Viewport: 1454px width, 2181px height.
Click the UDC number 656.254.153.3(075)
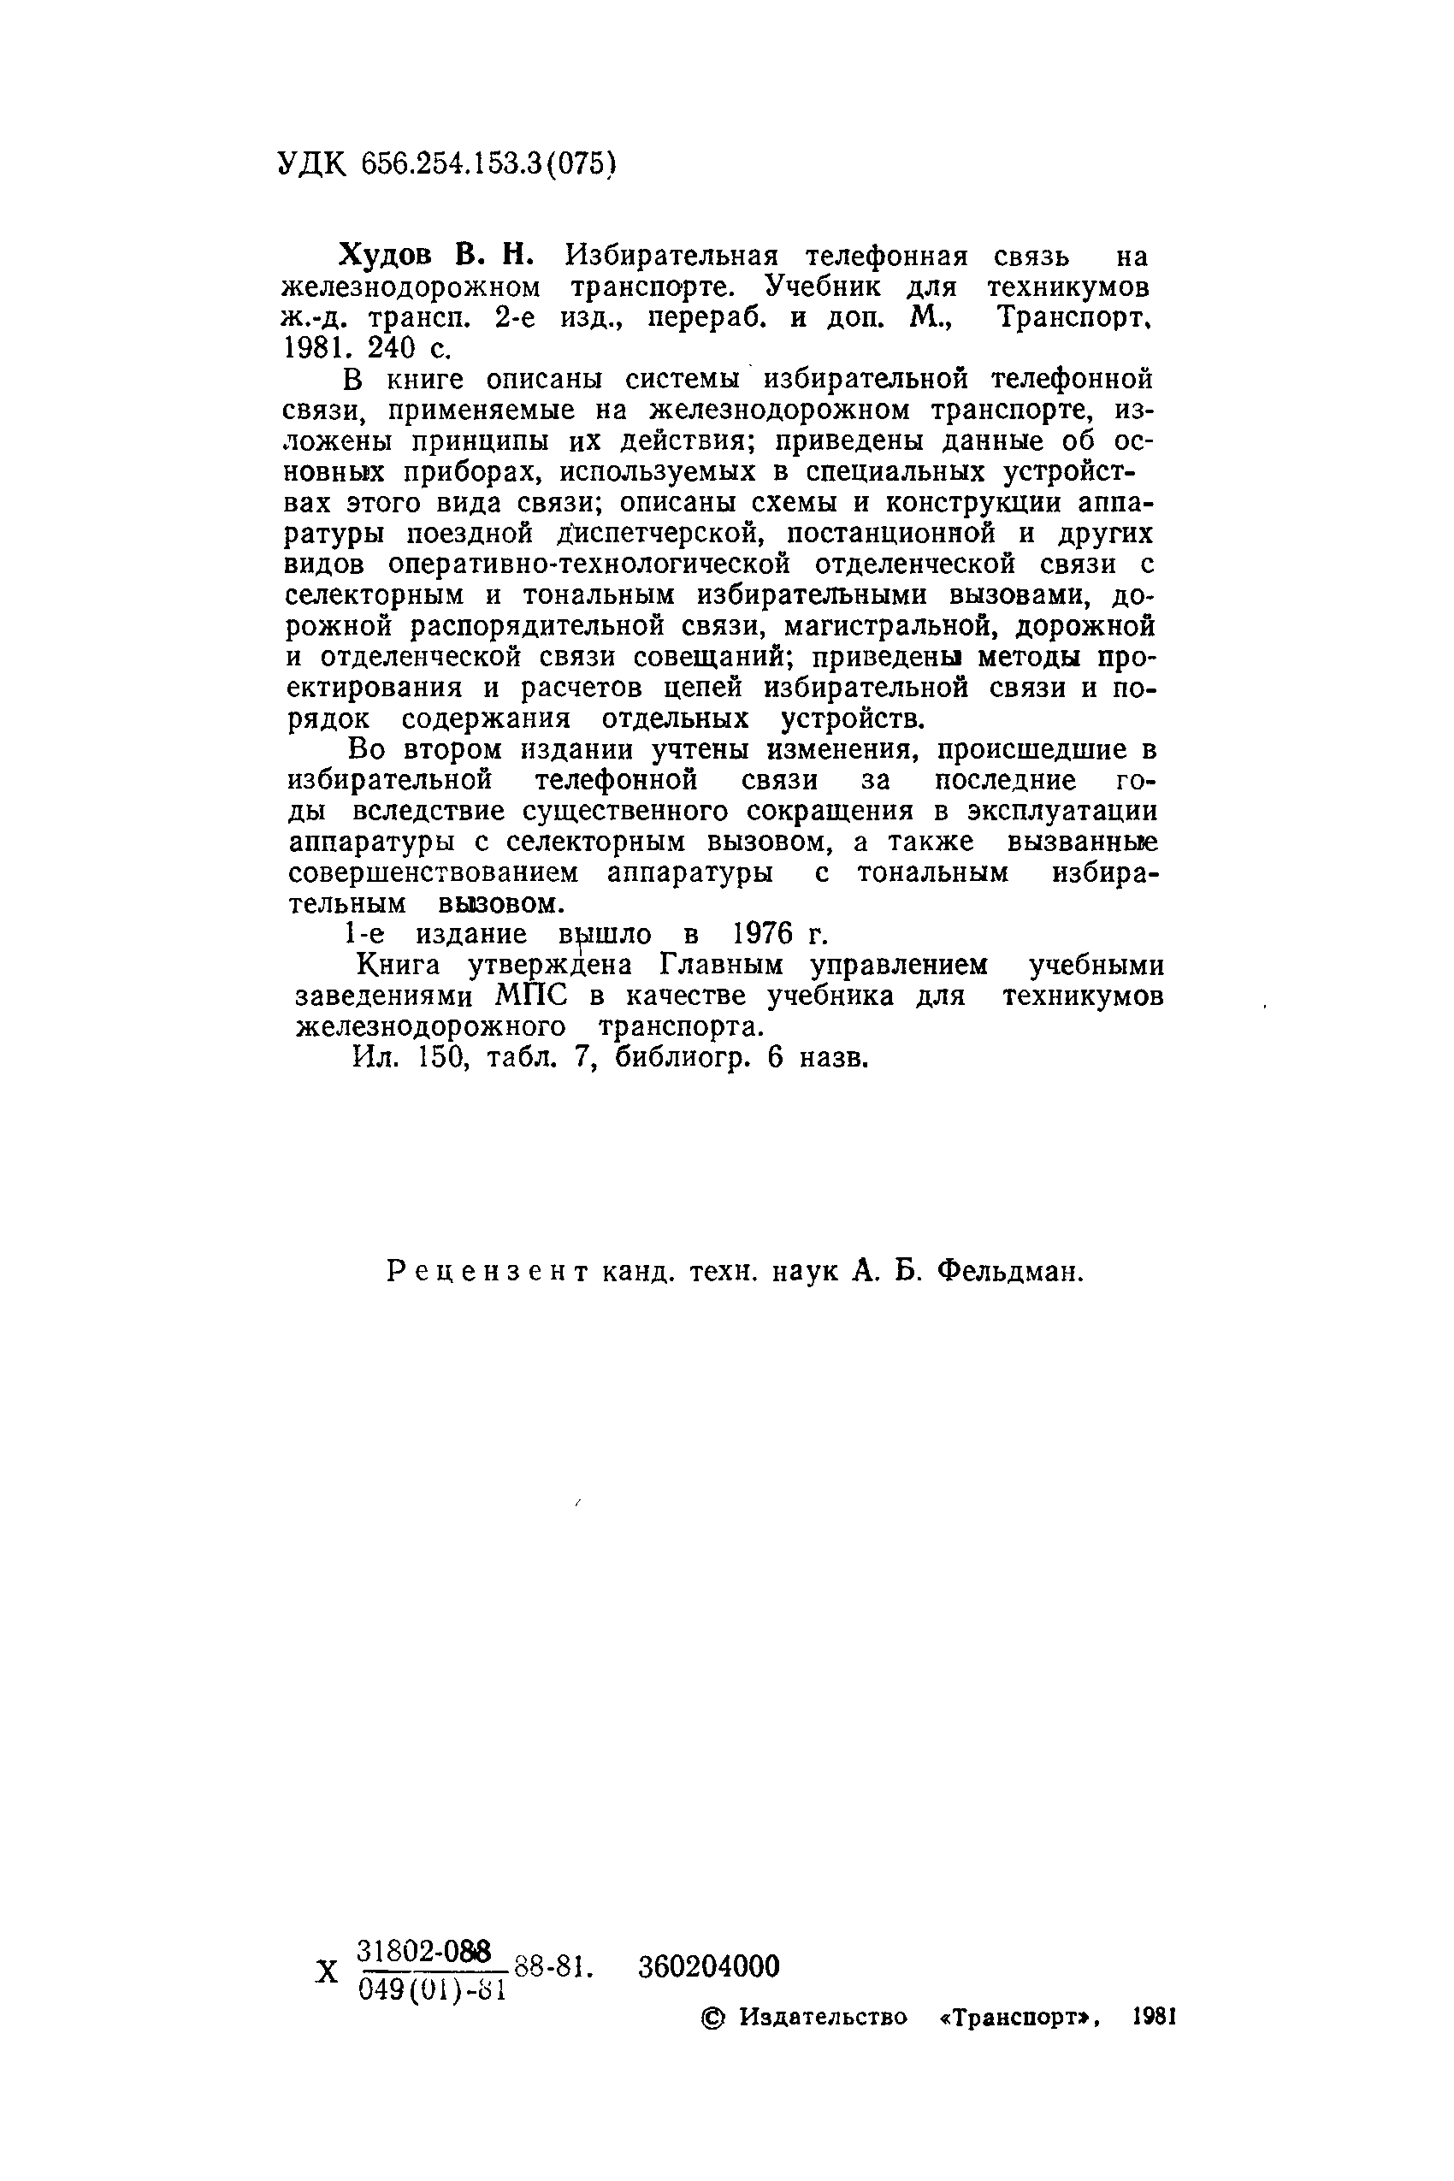(x=488, y=164)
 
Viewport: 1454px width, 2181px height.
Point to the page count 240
(x=394, y=348)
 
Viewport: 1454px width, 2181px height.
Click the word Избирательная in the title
(x=673, y=254)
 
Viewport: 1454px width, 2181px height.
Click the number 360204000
(x=709, y=1967)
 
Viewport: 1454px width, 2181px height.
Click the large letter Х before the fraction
(x=327, y=1971)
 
